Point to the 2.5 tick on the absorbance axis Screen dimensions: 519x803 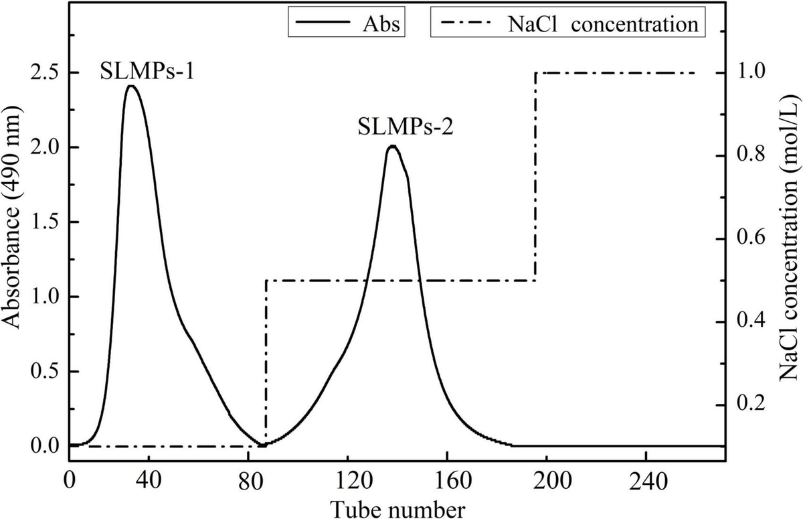45,72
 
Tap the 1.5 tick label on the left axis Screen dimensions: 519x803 45,222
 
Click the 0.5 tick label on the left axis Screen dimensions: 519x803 45,371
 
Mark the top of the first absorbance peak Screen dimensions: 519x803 131,86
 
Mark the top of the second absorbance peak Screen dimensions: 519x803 393,146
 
